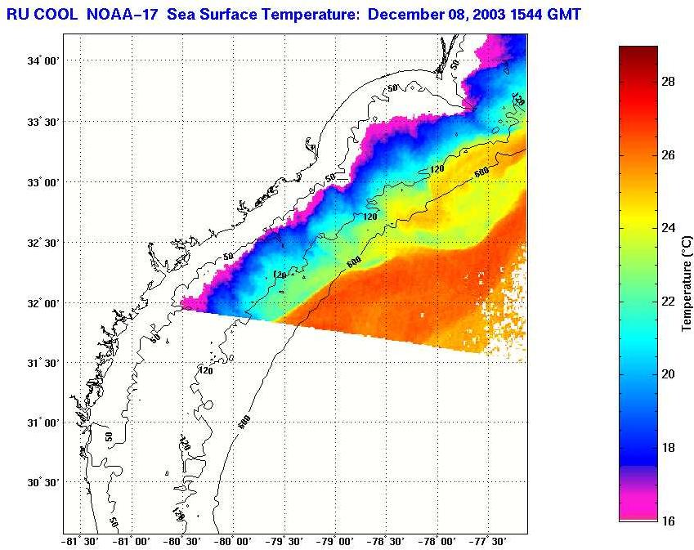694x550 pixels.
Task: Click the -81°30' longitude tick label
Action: (x=79, y=541)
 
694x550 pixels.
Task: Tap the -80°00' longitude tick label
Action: (x=232, y=541)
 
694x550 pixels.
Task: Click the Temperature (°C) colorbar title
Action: (x=687, y=283)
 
